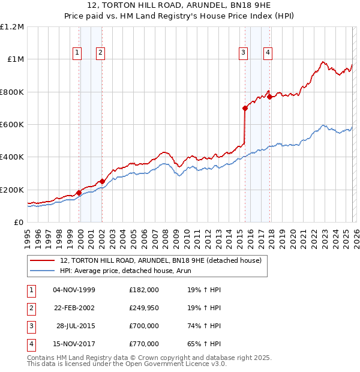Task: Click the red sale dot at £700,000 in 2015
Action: (245, 109)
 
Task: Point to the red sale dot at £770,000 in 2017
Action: (270, 97)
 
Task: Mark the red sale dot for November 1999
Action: (79, 193)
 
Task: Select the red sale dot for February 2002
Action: (103, 182)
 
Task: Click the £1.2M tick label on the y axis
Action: (12, 27)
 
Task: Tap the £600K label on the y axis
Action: (12, 125)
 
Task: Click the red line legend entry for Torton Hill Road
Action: (160, 261)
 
